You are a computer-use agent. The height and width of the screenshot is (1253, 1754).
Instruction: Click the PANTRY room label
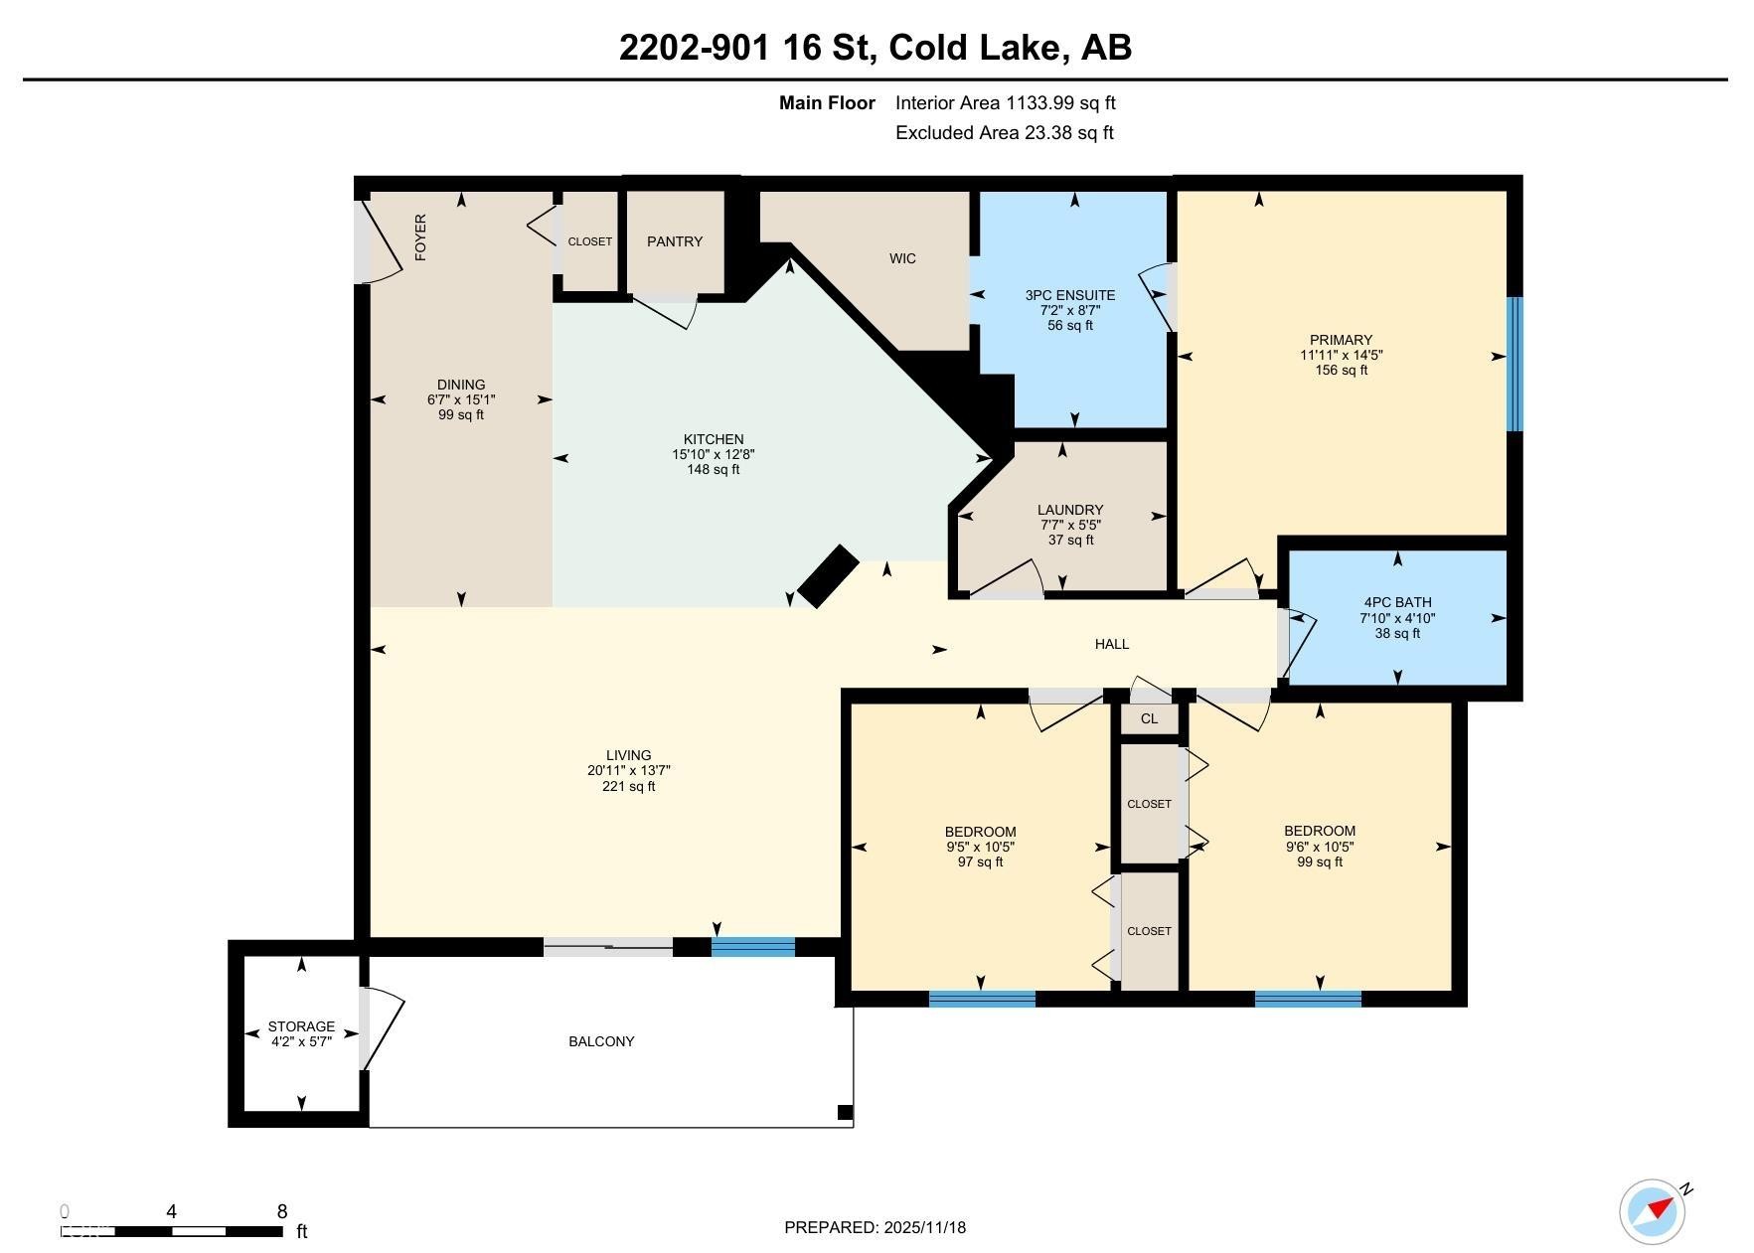[675, 241]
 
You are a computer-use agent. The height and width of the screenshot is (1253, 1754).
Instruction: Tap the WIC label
[902, 258]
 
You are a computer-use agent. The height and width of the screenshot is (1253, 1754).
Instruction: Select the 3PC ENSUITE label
[1070, 295]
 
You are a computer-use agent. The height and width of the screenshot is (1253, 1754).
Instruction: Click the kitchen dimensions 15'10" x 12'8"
[714, 454]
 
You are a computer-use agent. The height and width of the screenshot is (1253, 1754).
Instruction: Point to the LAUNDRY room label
[1070, 510]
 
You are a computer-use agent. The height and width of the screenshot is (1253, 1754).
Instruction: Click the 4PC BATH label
[1397, 602]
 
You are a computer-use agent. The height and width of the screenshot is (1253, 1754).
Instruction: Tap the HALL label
[1112, 644]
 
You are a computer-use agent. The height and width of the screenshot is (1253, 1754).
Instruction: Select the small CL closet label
[1150, 718]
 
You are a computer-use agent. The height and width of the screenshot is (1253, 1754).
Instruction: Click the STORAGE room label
[301, 1026]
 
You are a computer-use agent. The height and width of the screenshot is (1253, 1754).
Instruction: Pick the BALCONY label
[601, 1041]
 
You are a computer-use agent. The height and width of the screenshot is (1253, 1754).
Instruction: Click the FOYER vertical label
[420, 237]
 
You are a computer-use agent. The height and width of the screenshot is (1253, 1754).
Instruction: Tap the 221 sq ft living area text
[629, 786]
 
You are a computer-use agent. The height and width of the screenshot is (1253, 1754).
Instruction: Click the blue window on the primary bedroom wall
[1515, 365]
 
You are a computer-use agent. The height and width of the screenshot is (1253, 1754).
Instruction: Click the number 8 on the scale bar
[282, 1211]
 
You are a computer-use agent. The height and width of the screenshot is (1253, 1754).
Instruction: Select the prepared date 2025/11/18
[924, 1227]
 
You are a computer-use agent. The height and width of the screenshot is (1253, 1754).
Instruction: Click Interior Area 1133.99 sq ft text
[1006, 102]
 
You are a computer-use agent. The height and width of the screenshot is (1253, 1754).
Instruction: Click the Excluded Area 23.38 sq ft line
[1005, 132]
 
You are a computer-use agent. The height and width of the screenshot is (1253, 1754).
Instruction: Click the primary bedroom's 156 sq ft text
[1342, 370]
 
